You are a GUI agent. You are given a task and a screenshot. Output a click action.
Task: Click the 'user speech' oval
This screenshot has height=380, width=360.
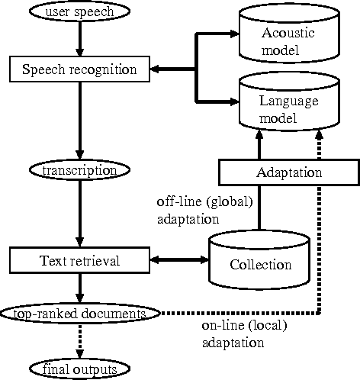(x=79, y=11)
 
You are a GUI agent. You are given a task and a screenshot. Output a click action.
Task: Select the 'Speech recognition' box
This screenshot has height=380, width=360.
(x=79, y=70)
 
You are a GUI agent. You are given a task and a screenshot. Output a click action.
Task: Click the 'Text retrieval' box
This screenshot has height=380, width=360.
(x=79, y=261)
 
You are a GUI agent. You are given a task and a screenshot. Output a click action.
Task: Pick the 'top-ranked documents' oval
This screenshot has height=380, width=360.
(x=79, y=314)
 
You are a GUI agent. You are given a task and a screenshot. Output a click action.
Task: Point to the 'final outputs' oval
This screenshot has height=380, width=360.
(x=79, y=370)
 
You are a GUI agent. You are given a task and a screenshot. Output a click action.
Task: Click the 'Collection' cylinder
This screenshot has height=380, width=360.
(x=260, y=261)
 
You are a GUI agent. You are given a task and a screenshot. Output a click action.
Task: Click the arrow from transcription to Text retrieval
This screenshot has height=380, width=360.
(x=79, y=214)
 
